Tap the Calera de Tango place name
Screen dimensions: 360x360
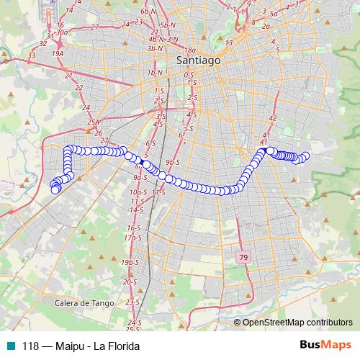tap(84, 304)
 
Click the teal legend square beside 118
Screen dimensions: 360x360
tap(11, 346)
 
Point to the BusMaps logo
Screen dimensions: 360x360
tap(325, 345)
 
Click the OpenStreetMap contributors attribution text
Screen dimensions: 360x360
tap(297, 323)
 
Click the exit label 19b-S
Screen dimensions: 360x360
tap(130, 263)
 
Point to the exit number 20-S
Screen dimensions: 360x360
tap(129, 282)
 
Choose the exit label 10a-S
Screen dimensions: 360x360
tap(138, 193)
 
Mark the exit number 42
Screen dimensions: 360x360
tap(271, 118)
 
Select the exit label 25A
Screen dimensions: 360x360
tap(92, 123)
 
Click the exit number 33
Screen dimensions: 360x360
tap(32, 54)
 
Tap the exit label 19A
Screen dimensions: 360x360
tap(58, 53)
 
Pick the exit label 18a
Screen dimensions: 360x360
tap(190, 50)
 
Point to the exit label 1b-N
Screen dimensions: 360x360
tap(153, 73)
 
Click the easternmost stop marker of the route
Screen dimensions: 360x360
tap(305, 156)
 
